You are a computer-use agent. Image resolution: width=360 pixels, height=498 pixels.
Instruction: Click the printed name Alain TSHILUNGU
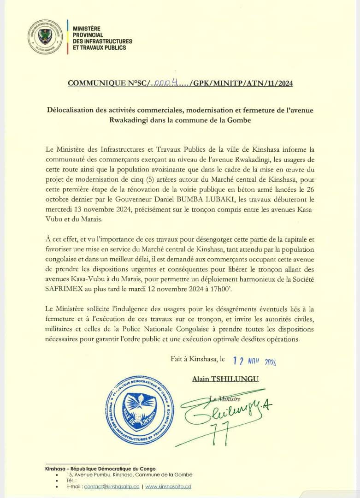225,379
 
